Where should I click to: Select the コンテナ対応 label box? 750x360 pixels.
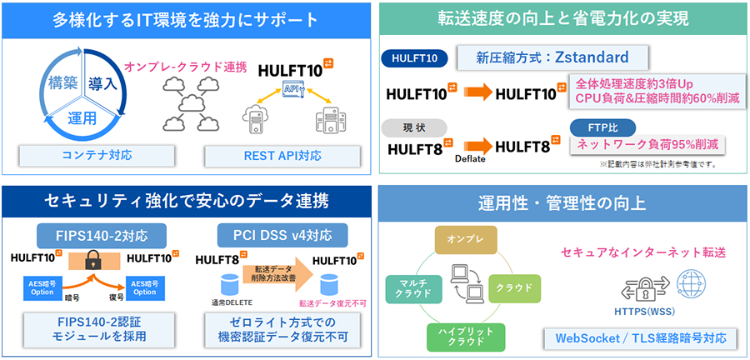pos(97,154)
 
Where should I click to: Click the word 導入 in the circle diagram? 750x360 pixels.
pos(102,84)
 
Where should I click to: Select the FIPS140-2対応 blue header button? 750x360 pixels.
pos(102,234)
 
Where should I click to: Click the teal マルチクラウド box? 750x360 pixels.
pos(408,288)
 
